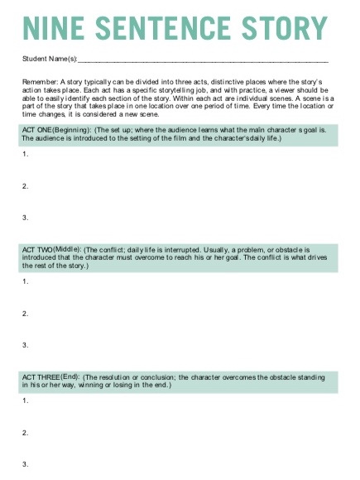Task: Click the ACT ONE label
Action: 37,130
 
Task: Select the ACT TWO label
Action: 37,248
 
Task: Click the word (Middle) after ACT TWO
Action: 70,248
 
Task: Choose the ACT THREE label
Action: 41,377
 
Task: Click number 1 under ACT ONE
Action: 26,154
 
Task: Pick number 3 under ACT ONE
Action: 26,218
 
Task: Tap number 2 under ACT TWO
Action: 26,314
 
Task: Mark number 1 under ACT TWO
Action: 26,282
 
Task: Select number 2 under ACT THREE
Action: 26,432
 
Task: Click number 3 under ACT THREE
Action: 26,463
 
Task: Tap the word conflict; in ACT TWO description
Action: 115,248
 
